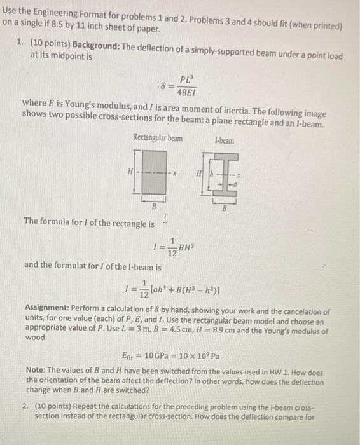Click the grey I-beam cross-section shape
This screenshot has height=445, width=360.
(230, 176)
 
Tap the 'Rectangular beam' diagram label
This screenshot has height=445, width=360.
(157, 137)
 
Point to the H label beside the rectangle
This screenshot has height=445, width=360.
(130, 172)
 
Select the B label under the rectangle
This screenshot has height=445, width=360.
(153, 207)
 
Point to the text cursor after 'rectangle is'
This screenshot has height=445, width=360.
(165, 219)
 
